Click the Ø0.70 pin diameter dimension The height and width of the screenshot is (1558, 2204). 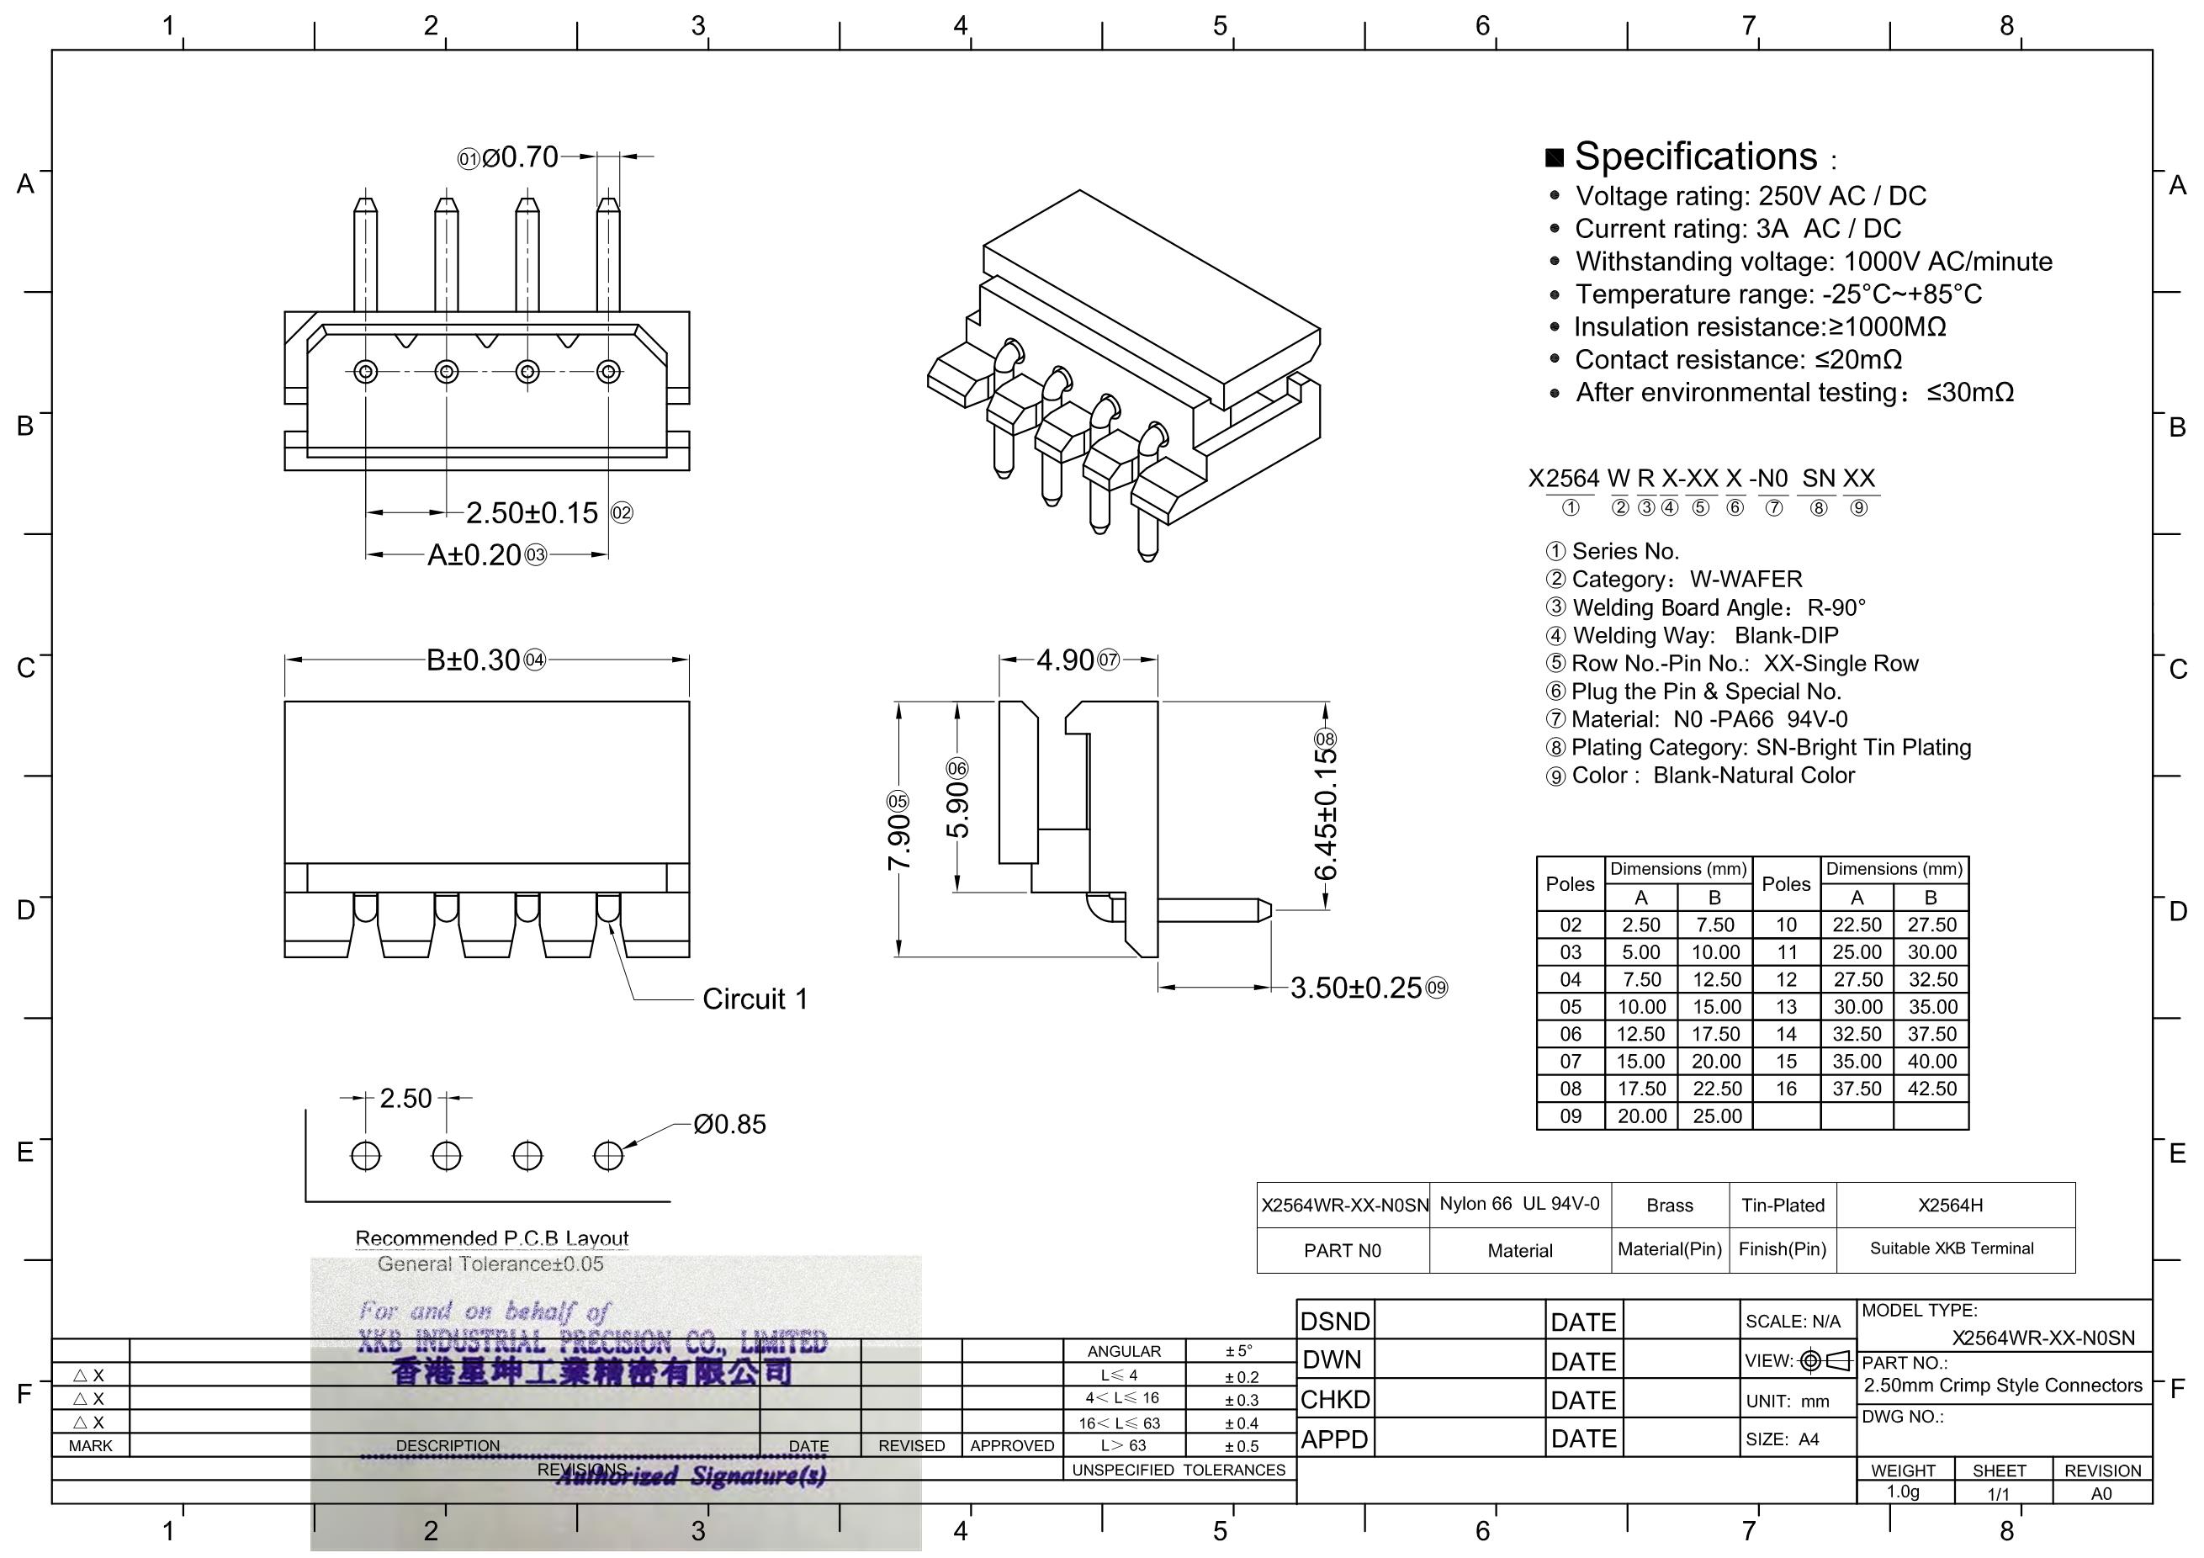pos(520,156)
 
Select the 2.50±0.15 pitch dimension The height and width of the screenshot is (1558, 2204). pos(532,512)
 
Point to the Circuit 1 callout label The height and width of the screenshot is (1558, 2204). pos(755,999)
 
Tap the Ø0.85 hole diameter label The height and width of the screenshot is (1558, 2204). pos(729,1124)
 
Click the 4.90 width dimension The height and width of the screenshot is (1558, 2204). pos(1066,660)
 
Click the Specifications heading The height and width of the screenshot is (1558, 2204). pos(1695,156)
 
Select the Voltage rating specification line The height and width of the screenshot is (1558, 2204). pos(1750,196)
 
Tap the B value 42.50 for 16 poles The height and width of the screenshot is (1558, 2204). pos(1931,1089)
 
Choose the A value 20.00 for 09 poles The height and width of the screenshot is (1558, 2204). pos(1641,1116)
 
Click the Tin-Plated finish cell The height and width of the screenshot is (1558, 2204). pos(1783,1206)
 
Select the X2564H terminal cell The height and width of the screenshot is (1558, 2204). pos(1950,1206)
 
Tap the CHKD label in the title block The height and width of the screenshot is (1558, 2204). pos(1334,1400)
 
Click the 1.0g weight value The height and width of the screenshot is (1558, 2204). pos(1903,1492)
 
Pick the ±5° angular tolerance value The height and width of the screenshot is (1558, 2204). pos(1238,1352)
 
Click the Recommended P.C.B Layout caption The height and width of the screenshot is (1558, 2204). pos(491,1238)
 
